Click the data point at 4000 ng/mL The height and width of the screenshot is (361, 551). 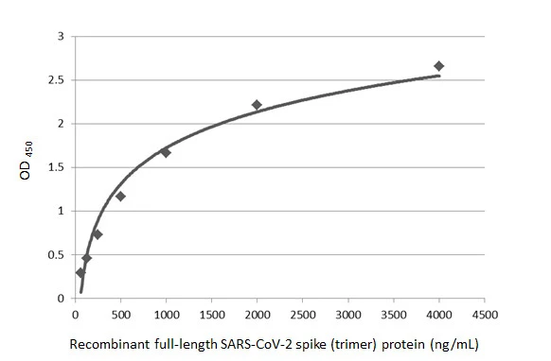coord(438,66)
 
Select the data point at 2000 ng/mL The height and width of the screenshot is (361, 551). coord(257,105)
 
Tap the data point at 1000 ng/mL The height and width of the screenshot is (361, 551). coord(166,152)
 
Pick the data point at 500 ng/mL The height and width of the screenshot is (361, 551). coord(120,196)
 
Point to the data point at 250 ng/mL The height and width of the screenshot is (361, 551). coord(98,233)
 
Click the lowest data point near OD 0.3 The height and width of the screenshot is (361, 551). coord(80,272)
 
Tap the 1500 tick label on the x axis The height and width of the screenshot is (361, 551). coord(211,313)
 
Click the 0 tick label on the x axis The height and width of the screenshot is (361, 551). coord(76,313)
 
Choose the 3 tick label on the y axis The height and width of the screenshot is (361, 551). coord(61,37)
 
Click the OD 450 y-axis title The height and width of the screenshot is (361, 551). coord(29,167)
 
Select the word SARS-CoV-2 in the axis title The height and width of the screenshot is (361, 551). coord(243,345)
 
